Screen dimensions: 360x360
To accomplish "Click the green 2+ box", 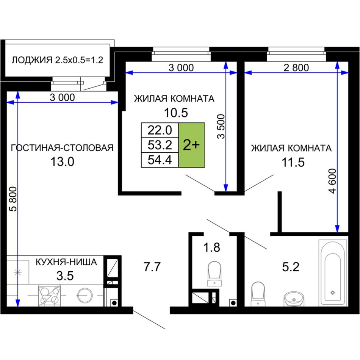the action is [191, 145].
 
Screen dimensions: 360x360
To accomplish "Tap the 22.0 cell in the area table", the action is [160, 130].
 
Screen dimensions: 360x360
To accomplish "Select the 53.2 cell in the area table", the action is [160, 145].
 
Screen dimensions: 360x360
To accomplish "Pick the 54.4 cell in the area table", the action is [160, 160].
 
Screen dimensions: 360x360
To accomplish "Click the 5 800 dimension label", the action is [13, 199].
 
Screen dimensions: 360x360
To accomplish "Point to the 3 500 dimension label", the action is [221, 127].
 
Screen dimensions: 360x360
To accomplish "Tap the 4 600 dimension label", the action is [332, 181].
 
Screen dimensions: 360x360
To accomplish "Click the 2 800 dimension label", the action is [296, 68].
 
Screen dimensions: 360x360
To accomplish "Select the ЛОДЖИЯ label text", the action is [32, 60].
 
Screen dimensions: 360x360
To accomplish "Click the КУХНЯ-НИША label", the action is [66, 262].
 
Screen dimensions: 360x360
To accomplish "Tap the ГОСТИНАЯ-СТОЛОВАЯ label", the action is [62, 148].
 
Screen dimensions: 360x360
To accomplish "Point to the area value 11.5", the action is [293, 162].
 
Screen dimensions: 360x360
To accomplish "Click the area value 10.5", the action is [176, 113].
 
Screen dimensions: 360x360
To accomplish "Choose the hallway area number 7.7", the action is [152, 267].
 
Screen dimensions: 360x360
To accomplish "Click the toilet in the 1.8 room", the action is [214, 274].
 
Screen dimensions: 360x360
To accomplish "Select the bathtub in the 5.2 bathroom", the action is [333, 273].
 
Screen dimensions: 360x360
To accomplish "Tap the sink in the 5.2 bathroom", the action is [294, 299].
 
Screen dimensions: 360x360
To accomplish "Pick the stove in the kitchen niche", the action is [49, 296].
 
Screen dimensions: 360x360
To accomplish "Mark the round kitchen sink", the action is [85, 296].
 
